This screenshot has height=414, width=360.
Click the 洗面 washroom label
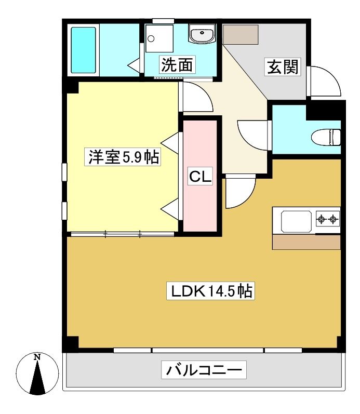(x=177, y=65)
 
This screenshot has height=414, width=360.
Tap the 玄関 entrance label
(x=283, y=67)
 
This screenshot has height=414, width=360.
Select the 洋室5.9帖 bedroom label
(x=122, y=157)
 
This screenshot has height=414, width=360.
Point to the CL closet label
(x=200, y=176)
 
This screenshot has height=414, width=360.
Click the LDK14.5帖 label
(x=210, y=291)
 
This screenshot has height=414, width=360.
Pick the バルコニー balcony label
(x=204, y=370)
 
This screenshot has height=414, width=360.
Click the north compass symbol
(x=37, y=373)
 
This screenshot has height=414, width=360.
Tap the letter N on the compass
(x=37, y=357)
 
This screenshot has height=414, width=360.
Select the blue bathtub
(x=84, y=50)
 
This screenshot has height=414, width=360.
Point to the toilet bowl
(x=326, y=137)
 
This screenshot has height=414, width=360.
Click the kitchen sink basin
(x=296, y=221)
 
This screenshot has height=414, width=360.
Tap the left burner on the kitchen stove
(x=321, y=219)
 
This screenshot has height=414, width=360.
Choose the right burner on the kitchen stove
(x=334, y=219)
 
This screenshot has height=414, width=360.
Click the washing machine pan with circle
(x=159, y=38)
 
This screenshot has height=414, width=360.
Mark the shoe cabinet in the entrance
(x=241, y=35)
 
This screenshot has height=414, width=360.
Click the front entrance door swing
(x=324, y=81)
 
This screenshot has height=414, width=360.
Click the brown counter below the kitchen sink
(x=306, y=242)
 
